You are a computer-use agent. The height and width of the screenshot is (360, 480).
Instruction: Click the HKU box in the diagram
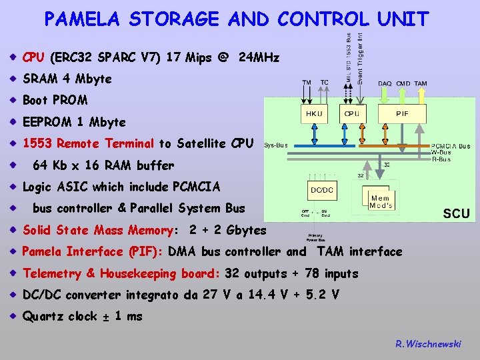pos(314,114)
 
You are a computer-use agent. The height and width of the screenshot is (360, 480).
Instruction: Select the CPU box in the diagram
pos(351,114)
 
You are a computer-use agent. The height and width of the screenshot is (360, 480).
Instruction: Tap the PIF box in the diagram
pos(403,114)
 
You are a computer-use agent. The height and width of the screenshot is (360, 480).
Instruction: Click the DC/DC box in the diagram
pos(322,190)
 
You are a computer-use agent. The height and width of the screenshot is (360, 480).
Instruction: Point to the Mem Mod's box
pos(380,201)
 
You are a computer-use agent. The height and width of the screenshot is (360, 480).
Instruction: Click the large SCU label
pos(457,213)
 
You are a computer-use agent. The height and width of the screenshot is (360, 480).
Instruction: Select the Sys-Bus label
pos(276,144)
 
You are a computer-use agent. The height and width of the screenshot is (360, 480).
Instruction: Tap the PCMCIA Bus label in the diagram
pos(451,146)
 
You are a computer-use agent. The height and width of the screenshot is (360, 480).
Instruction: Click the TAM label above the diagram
pos(421,83)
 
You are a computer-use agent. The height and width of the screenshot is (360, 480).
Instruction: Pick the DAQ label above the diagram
pos(385,83)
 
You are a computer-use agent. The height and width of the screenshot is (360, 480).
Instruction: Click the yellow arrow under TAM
pos(421,95)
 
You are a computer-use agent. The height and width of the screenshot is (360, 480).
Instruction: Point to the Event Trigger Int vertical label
pos(360,56)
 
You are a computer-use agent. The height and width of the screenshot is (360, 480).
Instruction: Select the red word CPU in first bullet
pos(34,57)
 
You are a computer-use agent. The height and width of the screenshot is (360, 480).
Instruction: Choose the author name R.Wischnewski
pos(428,344)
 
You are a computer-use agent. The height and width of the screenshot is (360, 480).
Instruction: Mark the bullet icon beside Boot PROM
pos(13,101)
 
